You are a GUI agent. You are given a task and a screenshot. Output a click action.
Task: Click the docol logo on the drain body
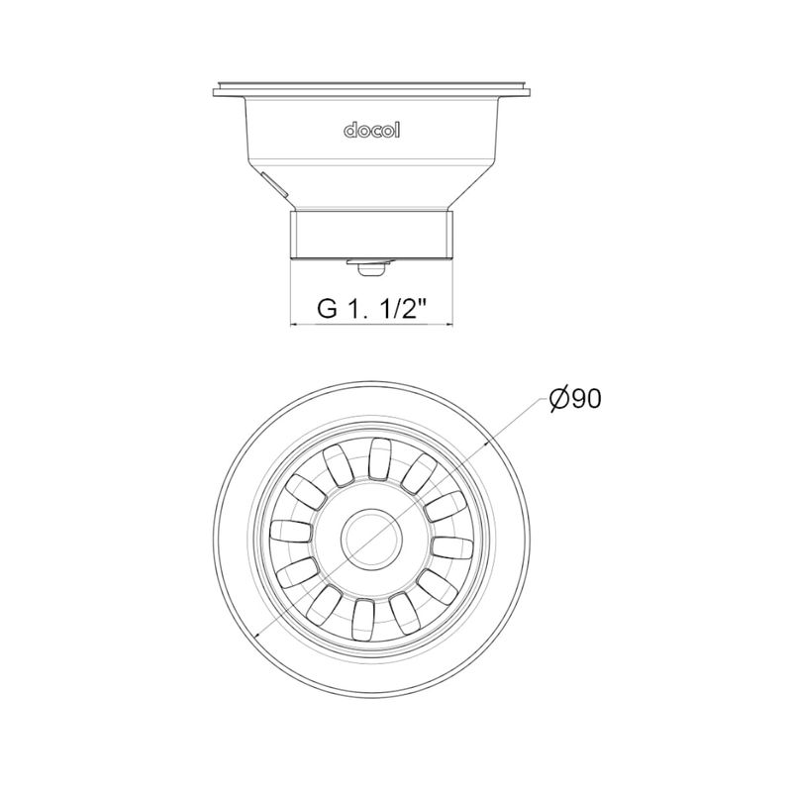(372, 131)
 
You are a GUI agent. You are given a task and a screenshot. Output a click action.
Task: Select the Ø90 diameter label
(575, 399)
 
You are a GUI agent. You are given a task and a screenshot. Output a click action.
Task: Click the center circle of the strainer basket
(371, 537)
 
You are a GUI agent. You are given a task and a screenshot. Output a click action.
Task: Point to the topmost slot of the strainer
(381, 458)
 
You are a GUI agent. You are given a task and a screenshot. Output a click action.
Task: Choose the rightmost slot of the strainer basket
(452, 548)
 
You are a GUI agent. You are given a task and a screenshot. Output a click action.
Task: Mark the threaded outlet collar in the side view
(371, 236)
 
